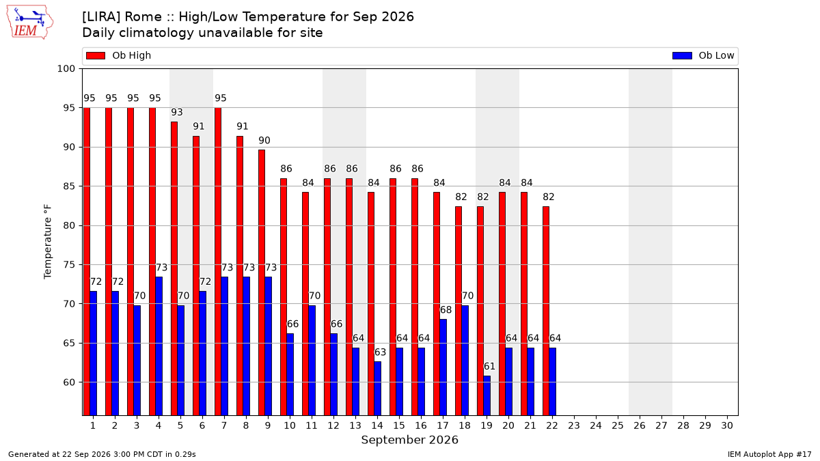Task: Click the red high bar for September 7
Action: coord(218,262)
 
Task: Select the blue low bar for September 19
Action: coord(487,396)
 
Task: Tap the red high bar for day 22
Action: coord(546,311)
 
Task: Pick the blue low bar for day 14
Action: coord(377,389)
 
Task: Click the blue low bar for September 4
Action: coord(159,346)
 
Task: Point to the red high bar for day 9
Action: coord(261,283)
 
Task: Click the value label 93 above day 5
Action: coord(177,112)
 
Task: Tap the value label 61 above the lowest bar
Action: coord(489,366)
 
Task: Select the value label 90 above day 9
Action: coord(264,141)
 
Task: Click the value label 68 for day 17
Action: coord(446,310)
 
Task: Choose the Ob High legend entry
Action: coord(118,55)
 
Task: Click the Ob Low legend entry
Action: coord(703,55)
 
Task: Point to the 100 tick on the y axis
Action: coord(66,69)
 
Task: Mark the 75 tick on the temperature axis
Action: coord(69,265)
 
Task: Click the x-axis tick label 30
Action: coord(727,426)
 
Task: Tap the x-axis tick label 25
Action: coord(618,426)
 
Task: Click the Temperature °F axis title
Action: coord(48,242)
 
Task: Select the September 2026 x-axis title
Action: coord(409,440)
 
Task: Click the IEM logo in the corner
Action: coord(29,23)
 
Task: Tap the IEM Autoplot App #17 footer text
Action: coord(769,454)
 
